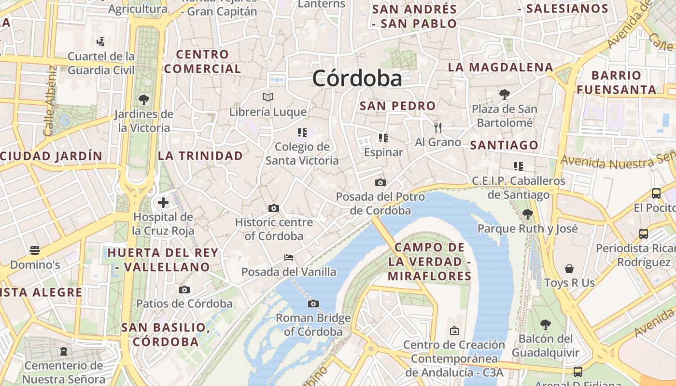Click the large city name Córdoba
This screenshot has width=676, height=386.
click(357, 79)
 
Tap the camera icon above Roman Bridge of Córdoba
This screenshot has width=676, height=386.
click(313, 303)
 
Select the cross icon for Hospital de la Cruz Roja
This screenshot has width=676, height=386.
click(163, 202)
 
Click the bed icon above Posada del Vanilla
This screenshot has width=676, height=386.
click(289, 258)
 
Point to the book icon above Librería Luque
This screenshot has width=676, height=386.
click(268, 97)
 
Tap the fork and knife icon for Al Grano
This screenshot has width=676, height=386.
click(438, 128)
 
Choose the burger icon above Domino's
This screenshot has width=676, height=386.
click(35, 250)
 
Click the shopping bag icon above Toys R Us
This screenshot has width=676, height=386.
click(569, 268)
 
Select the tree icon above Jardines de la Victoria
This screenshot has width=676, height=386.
click(143, 100)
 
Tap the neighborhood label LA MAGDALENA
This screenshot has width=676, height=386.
click(500, 67)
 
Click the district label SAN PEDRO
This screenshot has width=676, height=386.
click(398, 106)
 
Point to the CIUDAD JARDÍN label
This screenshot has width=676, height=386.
click(51, 156)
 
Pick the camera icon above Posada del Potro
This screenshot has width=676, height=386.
click(380, 182)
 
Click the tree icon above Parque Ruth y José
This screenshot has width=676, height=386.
click(527, 214)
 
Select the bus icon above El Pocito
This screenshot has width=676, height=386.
click(656, 193)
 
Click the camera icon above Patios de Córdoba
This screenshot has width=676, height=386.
click(184, 289)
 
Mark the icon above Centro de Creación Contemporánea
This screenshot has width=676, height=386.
click(454, 331)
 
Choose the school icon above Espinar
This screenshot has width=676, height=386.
click(383, 138)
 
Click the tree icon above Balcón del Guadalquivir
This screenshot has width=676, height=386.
click(546, 324)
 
